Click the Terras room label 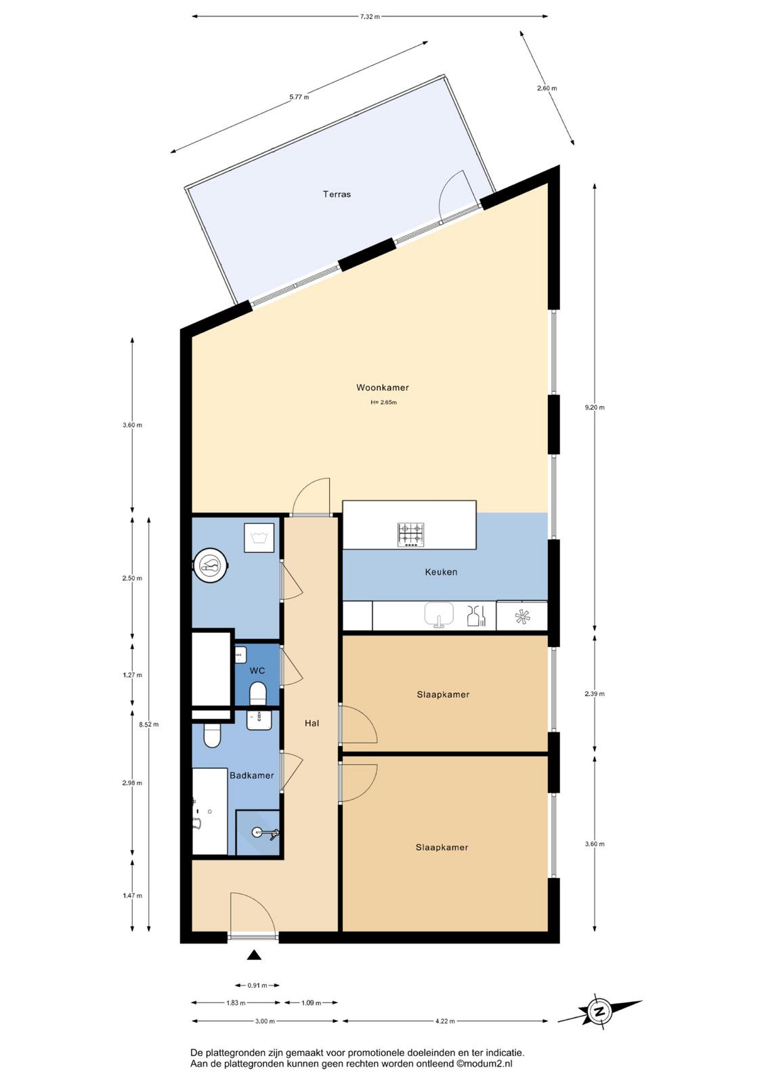pyautogui.click(x=337, y=194)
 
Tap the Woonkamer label pyautogui.click(x=382, y=387)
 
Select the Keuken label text pyautogui.click(x=441, y=572)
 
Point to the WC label pyautogui.click(x=257, y=671)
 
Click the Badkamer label pyautogui.click(x=252, y=776)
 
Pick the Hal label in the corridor pyautogui.click(x=312, y=724)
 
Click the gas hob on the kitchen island pyautogui.click(x=410, y=535)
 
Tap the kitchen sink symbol pyautogui.click(x=439, y=615)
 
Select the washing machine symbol pyautogui.click(x=260, y=537)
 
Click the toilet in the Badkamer pyautogui.click(x=212, y=735)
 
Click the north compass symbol pyautogui.click(x=600, y=1011)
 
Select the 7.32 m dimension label pyautogui.click(x=370, y=16)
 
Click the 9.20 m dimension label pyautogui.click(x=595, y=407)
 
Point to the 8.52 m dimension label pyautogui.click(x=148, y=724)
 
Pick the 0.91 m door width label pyautogui.click(x=257, y=986)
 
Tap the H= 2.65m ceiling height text pyautogui.click(x=384, y=402)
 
